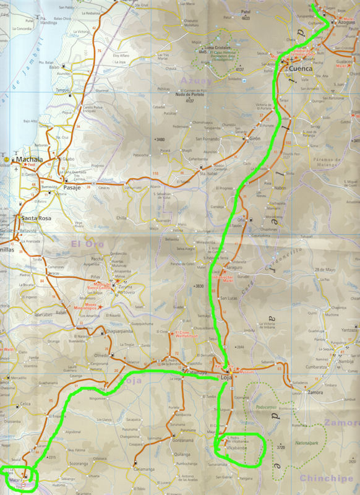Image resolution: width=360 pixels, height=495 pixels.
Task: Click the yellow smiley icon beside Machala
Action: [x=6, y=160]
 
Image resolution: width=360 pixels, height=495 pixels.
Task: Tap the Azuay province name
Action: [x=196, y=80]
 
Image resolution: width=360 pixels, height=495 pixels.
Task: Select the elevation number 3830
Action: [x=199, y=286]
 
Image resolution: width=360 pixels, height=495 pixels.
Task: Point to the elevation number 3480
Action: [x=161, y=140]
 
